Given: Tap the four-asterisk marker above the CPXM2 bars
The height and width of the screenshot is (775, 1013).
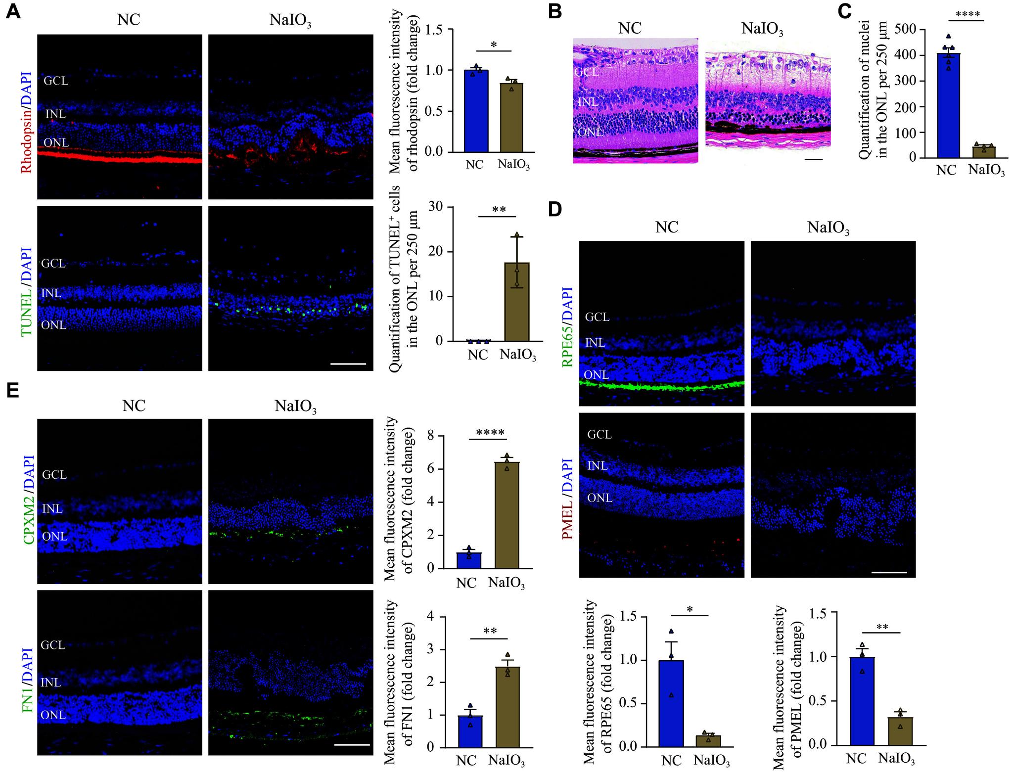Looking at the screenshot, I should [490, 432].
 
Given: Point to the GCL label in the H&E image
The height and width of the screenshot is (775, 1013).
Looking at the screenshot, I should [587, 72].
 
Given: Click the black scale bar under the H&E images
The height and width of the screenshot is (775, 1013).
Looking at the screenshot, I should [816, 160].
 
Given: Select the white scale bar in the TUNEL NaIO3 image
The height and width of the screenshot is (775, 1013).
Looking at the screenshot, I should [348, 364].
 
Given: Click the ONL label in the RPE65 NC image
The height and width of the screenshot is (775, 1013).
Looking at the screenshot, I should [597, 374].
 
